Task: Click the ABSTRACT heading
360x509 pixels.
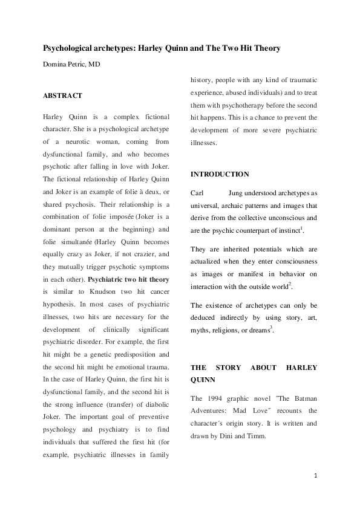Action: click(x=62, y=96)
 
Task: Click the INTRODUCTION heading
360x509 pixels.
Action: click(x=220, y=174)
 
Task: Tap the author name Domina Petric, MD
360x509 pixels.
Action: click(x=71, y=63)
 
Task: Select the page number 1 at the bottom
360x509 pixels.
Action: click(x=315, y=476)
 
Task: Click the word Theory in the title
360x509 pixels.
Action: click(x=266, y=48)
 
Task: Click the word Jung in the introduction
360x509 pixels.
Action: click(x=238, y=193)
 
